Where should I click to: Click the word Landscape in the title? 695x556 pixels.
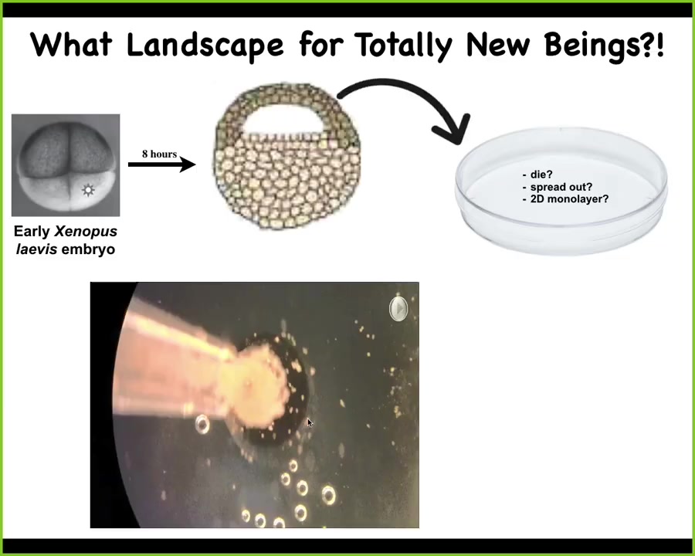coord(205,46)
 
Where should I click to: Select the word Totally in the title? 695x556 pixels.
coord(405,46)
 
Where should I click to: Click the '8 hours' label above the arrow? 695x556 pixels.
coord(159,154)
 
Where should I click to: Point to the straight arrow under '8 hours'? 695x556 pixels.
coord(162,164)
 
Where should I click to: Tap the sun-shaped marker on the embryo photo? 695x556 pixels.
coord(88,190)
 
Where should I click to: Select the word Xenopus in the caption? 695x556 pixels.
coord(86,232)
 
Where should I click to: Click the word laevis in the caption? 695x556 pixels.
coord(36,249)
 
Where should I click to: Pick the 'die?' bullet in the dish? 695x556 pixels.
coord(537,175)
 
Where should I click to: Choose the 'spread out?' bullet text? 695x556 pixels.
coord(557,187)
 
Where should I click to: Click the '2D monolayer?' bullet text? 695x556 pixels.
coord(565,199)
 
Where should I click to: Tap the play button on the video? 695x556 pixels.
coord(398,308)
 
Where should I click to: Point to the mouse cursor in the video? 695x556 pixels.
coord(310,422)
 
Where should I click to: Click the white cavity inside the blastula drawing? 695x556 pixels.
coord(283,119)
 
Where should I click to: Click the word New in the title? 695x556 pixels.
coord(498,45)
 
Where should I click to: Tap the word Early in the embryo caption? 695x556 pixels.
coord(32,232)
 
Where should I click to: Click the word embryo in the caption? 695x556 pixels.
coord(88,249)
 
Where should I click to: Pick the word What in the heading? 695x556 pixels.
coord(71,45)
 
